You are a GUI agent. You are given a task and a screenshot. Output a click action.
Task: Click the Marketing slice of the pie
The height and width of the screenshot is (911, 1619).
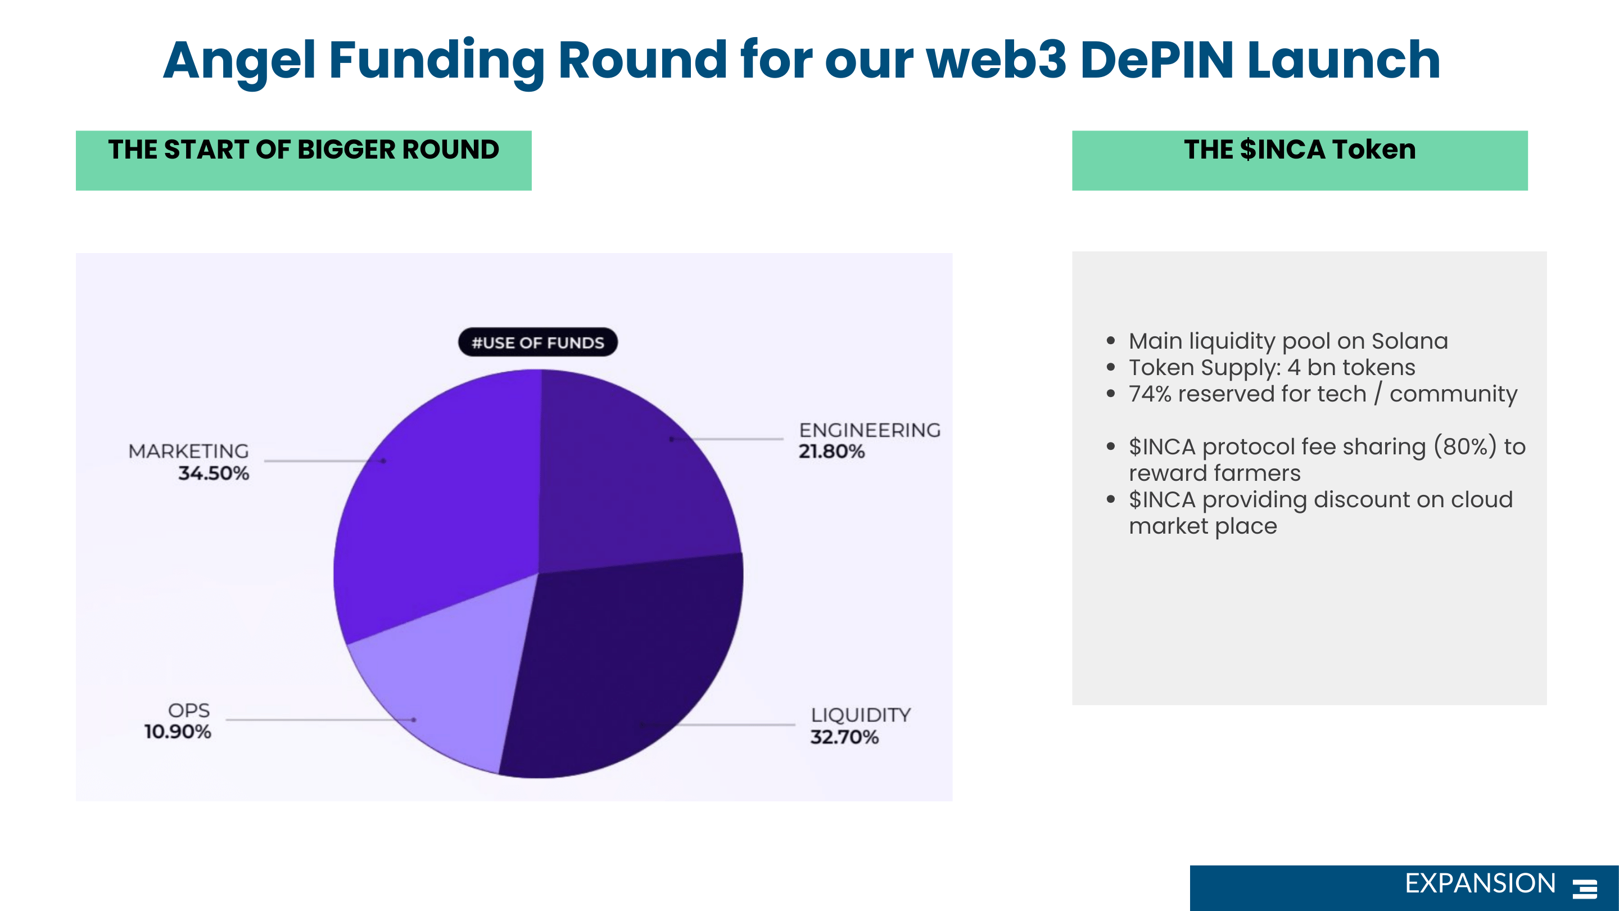click(433, 503)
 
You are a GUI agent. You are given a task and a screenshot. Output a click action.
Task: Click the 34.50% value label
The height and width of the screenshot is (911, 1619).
click(214, 473)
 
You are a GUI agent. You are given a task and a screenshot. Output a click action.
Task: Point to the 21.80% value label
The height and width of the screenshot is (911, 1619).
click(831, 452)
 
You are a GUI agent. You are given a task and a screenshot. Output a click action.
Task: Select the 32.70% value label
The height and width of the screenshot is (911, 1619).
click(844, 737)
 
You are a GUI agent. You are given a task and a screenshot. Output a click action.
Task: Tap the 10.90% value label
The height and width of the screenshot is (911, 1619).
click(178, 732)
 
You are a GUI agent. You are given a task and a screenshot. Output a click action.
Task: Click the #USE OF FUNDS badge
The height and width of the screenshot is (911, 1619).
click(538, 342)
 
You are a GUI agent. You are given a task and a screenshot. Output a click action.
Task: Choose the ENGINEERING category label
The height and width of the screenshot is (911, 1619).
click(870, 430)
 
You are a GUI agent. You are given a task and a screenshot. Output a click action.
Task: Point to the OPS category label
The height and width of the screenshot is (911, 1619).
click(188, 710)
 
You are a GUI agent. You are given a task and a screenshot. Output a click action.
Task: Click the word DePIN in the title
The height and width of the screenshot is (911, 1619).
click(1157, 60)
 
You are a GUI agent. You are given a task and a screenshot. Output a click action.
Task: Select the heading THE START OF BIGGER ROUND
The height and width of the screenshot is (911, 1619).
click(304, 150)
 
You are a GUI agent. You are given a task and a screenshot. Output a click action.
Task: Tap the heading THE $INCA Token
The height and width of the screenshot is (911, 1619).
click(1300, 150)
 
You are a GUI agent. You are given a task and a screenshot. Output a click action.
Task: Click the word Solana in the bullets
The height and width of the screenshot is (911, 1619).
click(1410, 341)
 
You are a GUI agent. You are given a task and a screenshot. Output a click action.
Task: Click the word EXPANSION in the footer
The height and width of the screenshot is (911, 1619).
click(1480, 883)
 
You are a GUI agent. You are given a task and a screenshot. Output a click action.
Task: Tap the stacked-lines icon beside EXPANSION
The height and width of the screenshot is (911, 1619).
click(1585, 889)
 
